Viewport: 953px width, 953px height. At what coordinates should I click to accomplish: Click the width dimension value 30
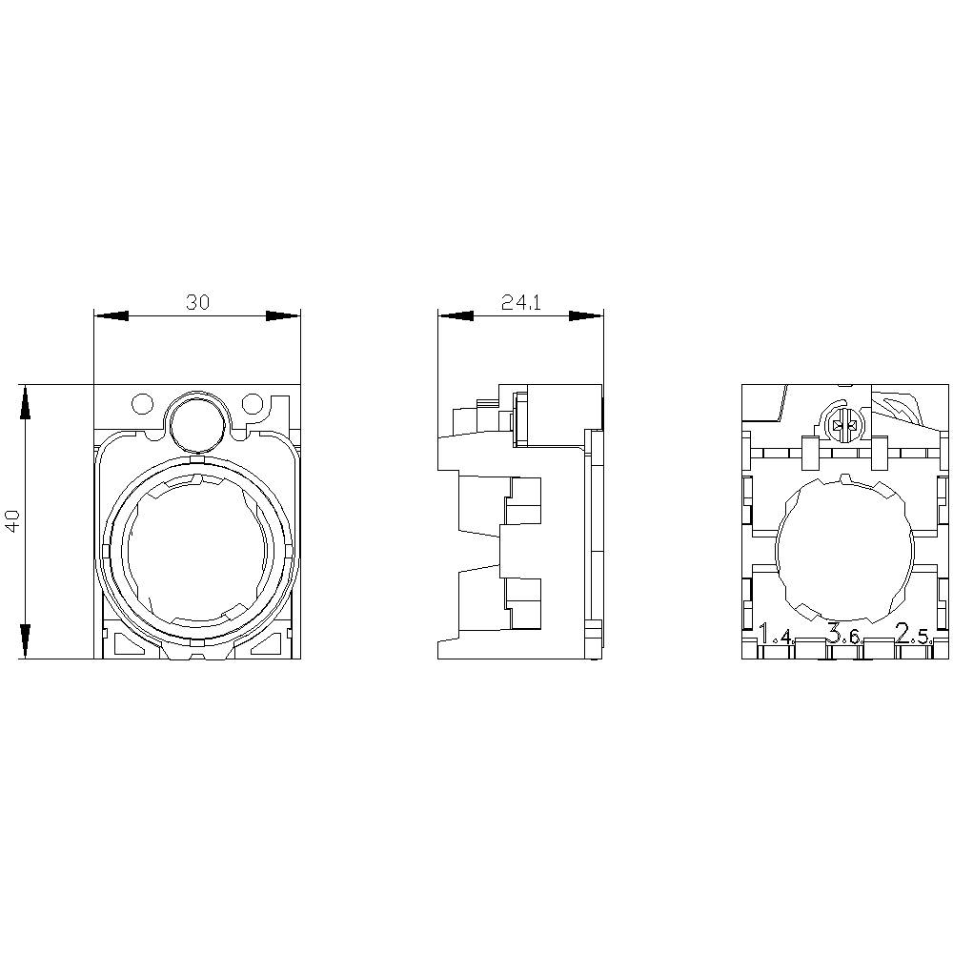click(197, 302)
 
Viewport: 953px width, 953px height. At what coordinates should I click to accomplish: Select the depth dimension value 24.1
click(520, 302)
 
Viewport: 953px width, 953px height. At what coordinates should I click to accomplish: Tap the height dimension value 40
click(12, 521)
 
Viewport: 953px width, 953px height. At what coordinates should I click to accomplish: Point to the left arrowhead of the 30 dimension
click(111, 316)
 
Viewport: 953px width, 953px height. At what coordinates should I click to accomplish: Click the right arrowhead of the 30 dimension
click(283, 316)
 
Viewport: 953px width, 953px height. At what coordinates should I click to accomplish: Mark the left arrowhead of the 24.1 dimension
click(455, 316)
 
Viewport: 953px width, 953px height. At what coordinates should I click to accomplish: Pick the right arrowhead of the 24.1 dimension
click(586, 316)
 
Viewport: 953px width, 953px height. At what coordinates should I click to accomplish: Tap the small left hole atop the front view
click(141, 404)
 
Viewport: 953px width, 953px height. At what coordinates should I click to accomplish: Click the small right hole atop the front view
click(253, 404)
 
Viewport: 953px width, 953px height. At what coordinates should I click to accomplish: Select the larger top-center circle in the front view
click(196, 419)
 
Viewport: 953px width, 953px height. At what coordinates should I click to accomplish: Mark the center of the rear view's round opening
click(844, 551)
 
